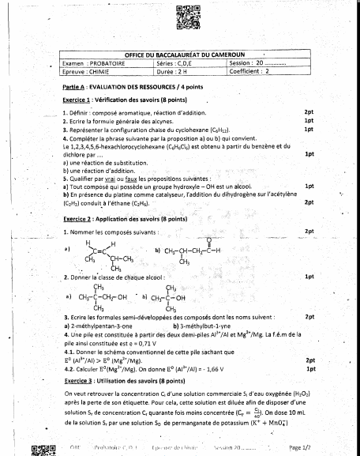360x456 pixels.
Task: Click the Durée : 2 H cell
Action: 172,70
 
